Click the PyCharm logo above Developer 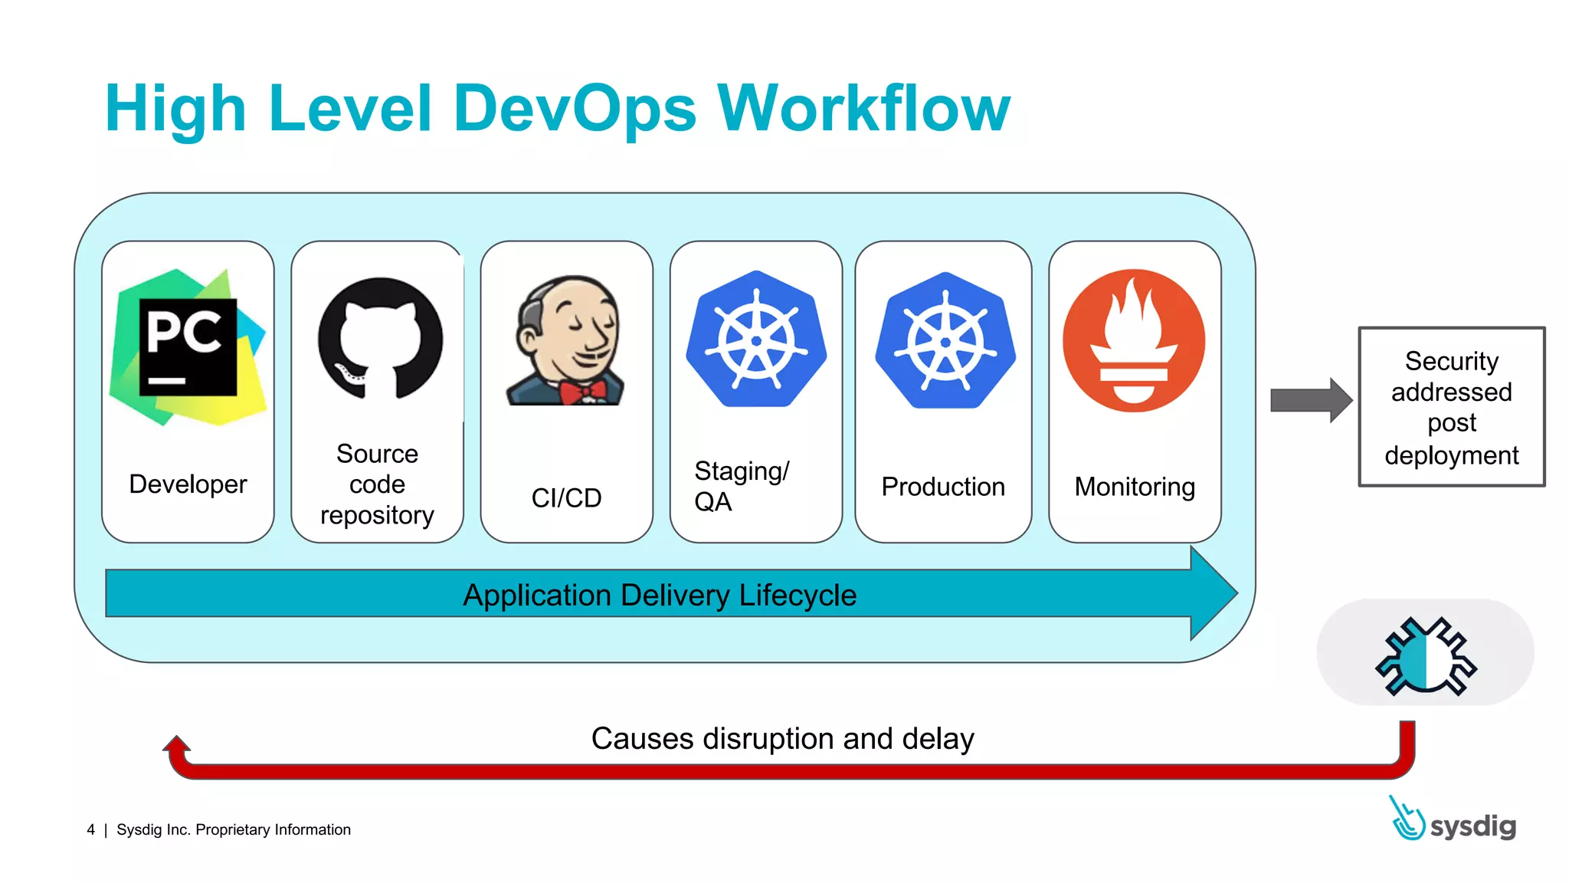point(188,346)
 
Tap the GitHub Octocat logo point(380,338)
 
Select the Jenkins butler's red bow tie point(581,391)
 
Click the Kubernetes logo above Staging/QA point(756,339)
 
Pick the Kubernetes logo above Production point(945,340)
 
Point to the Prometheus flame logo point(1134,340)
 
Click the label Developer point(188,484)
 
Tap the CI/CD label point(566,498)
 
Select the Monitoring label point(1135,487)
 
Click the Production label point(943,487)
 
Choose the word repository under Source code point(377,515)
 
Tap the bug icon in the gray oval point(1426,656)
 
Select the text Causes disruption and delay point(782,739)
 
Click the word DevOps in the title point(575,109)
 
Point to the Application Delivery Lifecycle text point(660,596)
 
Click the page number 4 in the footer point(91,830)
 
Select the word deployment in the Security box point(1451,455)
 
